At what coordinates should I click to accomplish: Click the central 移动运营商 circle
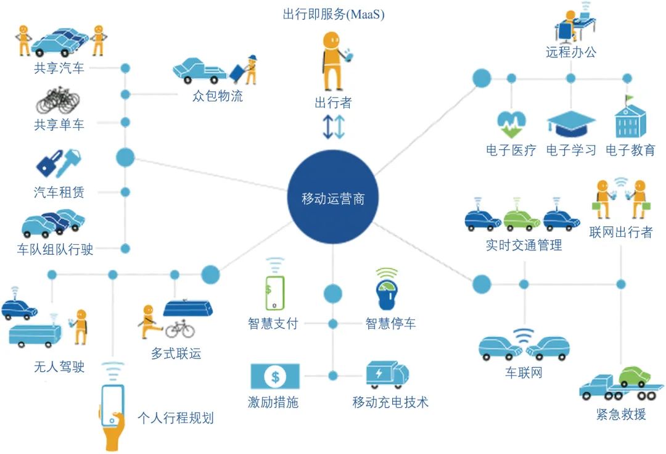point(333,198)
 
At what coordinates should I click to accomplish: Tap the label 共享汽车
point(59,68)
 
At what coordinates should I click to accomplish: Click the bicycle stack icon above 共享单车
point(59,101)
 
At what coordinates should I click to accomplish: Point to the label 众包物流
point(218,96)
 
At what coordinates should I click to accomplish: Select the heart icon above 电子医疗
point(511,124)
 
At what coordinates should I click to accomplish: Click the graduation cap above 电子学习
point(571,124)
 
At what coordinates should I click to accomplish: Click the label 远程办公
point(571,52)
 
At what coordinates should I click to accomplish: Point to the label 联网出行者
point(620,233)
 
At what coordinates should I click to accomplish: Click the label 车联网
point(524,373)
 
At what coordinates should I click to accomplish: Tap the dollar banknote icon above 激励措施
point(274,375)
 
